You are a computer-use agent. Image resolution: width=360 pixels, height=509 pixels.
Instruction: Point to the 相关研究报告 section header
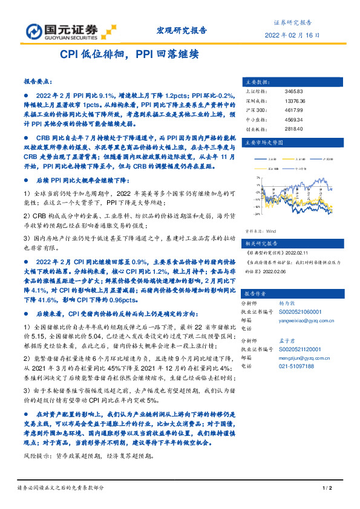259,242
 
